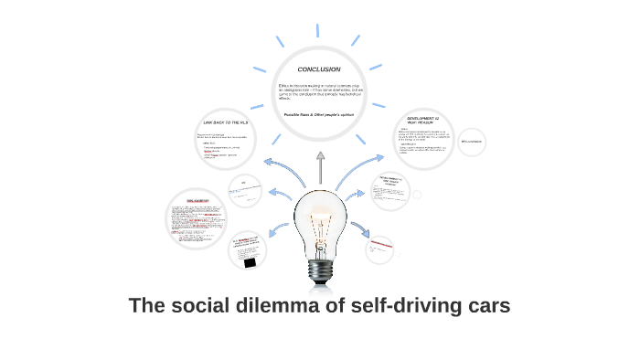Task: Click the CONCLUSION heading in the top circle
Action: pos(319,69)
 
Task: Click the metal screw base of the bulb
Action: pos(320,270)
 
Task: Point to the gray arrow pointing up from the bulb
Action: pos(320,167)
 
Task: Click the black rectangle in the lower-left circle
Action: pos(250,261)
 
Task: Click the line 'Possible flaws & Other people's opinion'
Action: pos(319,114)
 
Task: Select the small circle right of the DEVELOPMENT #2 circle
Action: pos(472,142)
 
